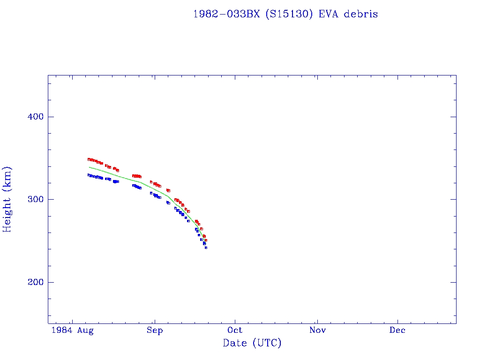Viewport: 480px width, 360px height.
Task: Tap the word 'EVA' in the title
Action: point(329,14)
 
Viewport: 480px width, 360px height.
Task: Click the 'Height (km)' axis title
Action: point(7,199)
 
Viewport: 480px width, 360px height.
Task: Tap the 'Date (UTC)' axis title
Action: point(252,343)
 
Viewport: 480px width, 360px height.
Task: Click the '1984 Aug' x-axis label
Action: point(73,330)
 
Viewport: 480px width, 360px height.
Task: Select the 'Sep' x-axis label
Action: point(154,330)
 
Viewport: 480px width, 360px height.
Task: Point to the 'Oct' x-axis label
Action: point(235,330)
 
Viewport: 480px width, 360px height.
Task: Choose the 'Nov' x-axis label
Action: point(317,330)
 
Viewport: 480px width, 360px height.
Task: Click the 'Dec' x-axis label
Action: point(397,330)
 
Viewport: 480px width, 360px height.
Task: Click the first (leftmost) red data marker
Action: point(89,159)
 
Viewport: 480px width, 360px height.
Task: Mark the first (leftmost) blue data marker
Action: point(89,175)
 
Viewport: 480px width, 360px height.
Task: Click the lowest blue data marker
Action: point(206,247)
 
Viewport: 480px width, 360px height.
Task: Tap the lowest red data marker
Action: point(206,240)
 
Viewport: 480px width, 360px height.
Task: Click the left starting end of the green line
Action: point(89,167)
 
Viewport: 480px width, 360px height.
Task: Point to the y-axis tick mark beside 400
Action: point(50,117)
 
